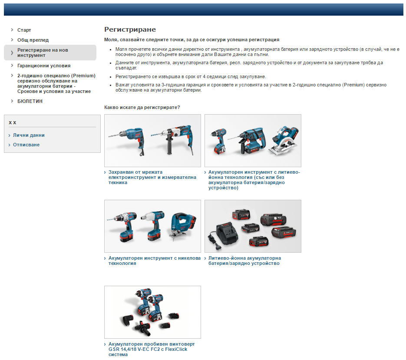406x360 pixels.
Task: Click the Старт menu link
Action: pyautogui.click(x=24, y=30)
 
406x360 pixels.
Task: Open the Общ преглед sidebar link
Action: pyautogui.click(x=33, y=40)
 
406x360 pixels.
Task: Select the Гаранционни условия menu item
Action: pyautogui.click(x=44, y=66)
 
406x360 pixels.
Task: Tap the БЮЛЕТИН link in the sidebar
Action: pyautogui.click(x=30, y=101)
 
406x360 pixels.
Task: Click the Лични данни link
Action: pyautogui.click(x=29, y=135)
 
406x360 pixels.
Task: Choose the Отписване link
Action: pyautogui.click(x=26, y=145)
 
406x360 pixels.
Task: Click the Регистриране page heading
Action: pyautogui.click(x=130, y=30)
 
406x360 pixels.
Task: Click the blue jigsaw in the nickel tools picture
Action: pyautogui.click(x=183, y=225)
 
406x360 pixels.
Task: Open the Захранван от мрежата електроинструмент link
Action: pyautogui.click(x=152, y=178)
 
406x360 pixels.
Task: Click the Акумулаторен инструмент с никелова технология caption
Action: pyautogui.click(x=154, y=261)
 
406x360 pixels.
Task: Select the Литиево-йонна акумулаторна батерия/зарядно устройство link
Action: pyautogui.click(x=244, y=261)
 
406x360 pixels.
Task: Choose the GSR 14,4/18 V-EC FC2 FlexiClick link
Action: pyautogui.click(x=152, y=349)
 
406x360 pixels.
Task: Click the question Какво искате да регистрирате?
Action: pyautogui.click(x=142, y=107)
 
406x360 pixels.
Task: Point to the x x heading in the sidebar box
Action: pyautogui.click(x=13, y=122)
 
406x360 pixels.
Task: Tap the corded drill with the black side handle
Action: pyautogui.click(x=175, y=140)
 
